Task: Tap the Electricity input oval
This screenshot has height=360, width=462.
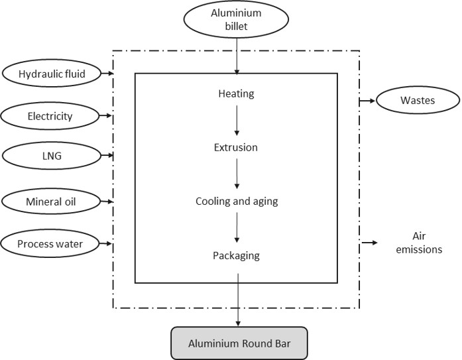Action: click(50, 117)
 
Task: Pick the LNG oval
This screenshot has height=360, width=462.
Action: click(50, 157)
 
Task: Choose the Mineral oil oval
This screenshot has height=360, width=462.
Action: click(50, 200)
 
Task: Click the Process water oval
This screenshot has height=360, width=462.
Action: click(50, 244)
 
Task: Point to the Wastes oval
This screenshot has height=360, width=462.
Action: click(418, 101)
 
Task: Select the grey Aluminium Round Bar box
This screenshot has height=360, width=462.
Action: click(239, 343)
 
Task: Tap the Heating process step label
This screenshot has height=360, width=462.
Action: click(237, 93)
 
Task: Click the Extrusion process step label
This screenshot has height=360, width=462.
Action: click(237, 147)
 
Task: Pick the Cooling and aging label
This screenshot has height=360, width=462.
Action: click(237, 201)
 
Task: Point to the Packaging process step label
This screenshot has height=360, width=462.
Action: click(237, 255)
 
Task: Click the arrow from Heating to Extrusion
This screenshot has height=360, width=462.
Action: click(237, 120)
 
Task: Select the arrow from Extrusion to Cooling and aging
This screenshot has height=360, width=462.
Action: click(237, 174)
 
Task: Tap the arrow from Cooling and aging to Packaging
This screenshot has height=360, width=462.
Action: click(237, 228)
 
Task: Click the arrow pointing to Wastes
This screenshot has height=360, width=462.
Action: click(367, 101)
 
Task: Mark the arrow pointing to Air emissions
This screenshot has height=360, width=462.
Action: click(369, 243)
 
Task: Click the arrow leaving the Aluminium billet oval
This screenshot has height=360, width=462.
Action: click(237, 56)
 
